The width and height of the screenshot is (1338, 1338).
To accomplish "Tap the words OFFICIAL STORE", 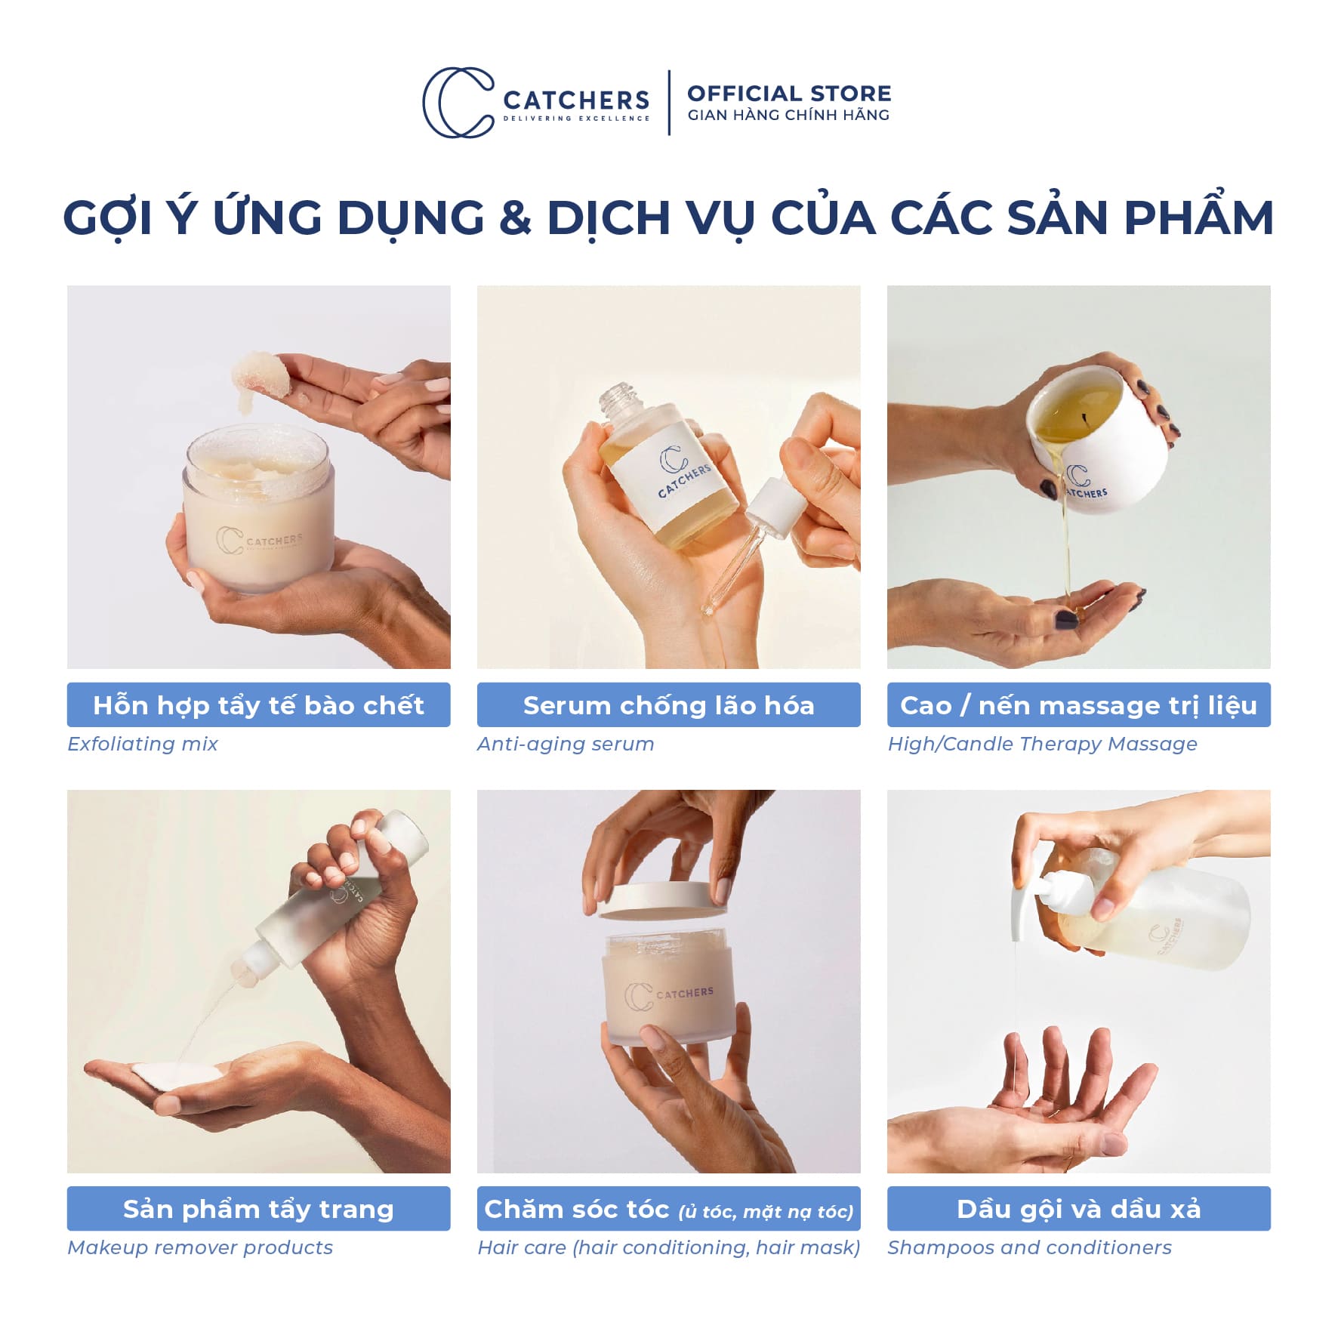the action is pyautogui.click(x=789, y=94).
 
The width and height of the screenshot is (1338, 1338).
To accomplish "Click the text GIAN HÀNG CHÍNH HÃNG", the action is pyautogui.click(x=788, y=115).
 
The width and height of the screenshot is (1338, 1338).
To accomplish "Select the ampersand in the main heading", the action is pyautogui.click(x=515, y=217).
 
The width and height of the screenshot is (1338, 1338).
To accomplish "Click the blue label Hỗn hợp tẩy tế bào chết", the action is pyautogui.click(x=258, y=704).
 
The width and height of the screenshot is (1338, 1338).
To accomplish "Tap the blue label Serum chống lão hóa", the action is pyautogui.click(x=668, y=704).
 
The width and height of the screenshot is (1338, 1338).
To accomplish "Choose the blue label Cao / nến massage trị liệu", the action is pyautogui.click(x=1078, y=704).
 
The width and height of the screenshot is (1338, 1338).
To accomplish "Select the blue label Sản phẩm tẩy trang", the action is pyautogui.click(x=258, y=1209).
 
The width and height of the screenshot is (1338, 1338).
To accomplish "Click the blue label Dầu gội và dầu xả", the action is pyautogui.click(x=1078, y=1209).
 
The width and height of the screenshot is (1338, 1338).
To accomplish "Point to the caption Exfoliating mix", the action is pyautogui.click(x=143, y=744).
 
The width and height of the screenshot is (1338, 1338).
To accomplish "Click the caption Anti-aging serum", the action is pyautogui.click(x=566, y=744).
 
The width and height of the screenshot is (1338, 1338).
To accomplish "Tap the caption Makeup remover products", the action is pyautogui.click(x=200, y=1247).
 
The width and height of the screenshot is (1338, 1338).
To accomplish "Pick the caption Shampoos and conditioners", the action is pyautogui.click(x=1029, y=1247).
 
